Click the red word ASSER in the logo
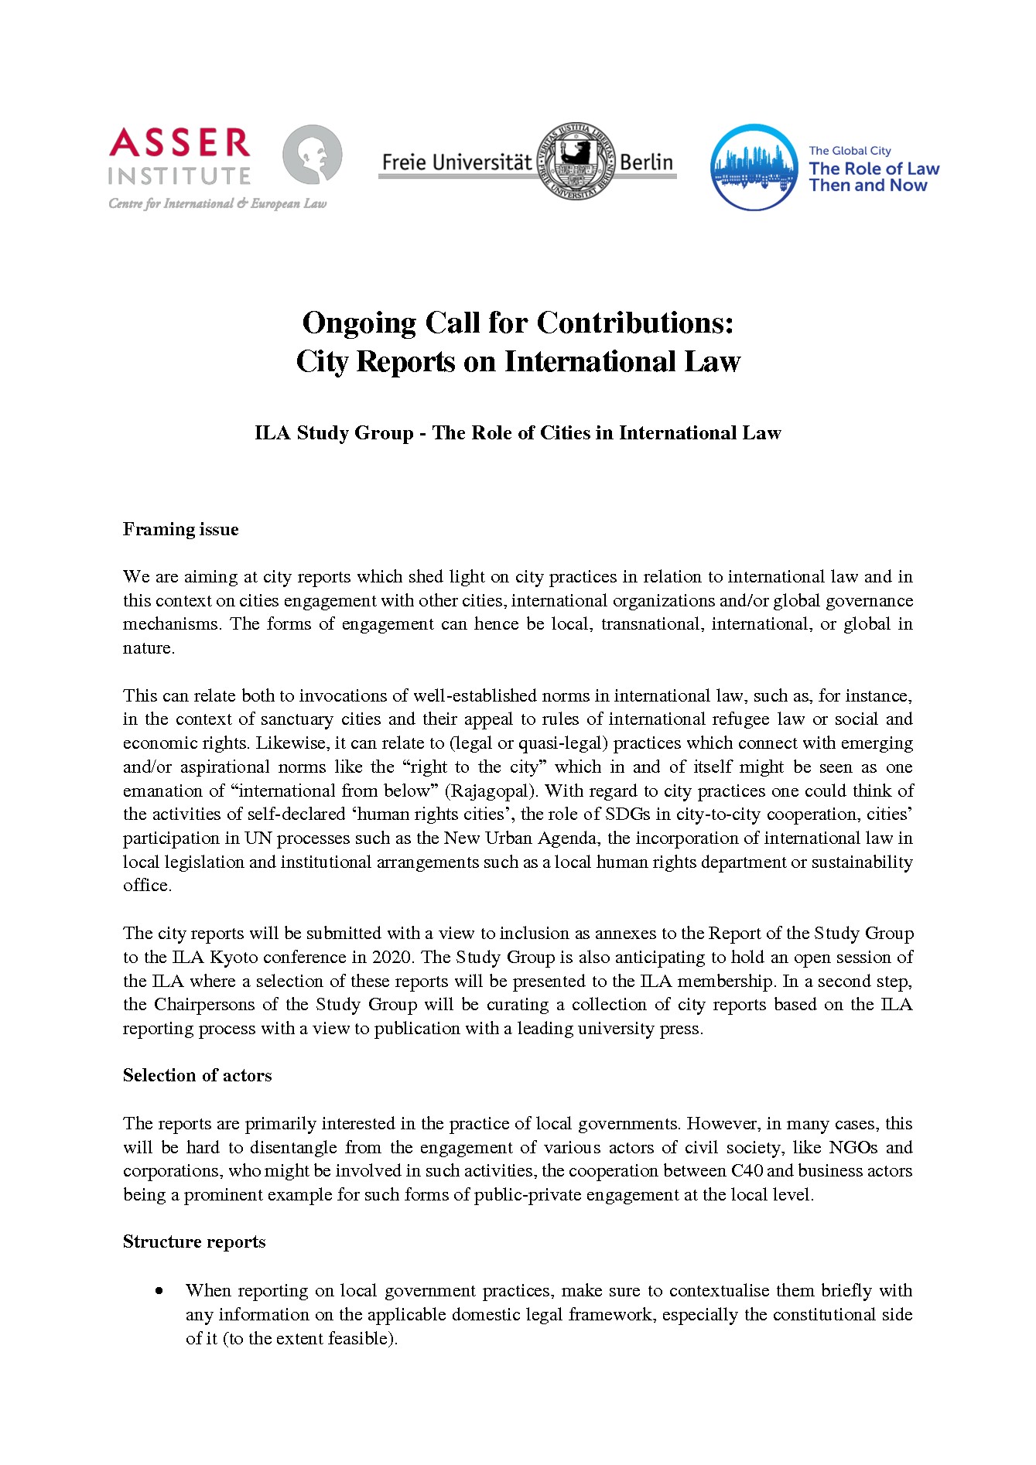[x=180, y=144]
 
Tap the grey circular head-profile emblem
[x=312, y=155]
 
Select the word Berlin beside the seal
[x=646, y=162]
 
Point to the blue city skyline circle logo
[x=754, y=167]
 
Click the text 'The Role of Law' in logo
[x=874, y=169]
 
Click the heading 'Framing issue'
[x=180, y=529]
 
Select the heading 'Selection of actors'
[x=197, y=1075]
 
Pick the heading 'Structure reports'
[x=194, y=1241]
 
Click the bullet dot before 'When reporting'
[x=159, y=1290]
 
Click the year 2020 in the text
[x=392, y=957]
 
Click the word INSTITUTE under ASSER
[x=180, y=177]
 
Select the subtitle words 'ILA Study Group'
[x=333, y=432]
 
